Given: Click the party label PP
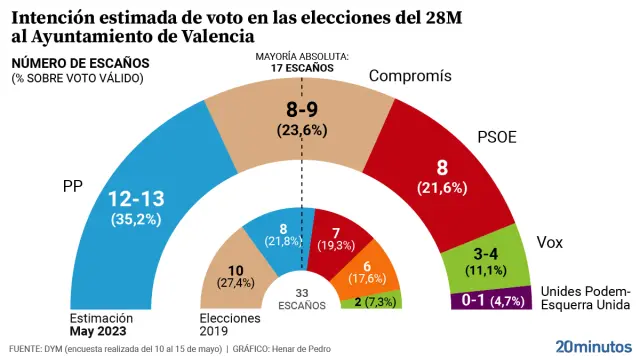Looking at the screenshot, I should click(72, 185).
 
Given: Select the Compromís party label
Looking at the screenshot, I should click(411, 77).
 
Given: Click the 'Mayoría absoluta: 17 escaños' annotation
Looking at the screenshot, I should click(301, 62).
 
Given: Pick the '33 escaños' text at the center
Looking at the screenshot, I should click(301, 297).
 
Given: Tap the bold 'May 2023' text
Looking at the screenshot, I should click(97, 330).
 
